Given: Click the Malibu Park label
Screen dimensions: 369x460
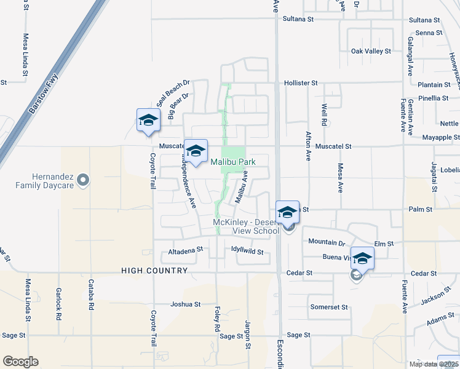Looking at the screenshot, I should pyautogui.click(x=232, y=162).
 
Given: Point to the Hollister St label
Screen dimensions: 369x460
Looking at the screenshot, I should pyautogui.click(x=300, y=82).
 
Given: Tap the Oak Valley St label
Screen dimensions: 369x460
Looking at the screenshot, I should pyautogui.click(x=370, y=51).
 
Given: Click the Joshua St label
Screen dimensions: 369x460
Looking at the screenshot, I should pyautogui.click(x=186, y=304).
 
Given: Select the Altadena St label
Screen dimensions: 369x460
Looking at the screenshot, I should pyautogui.click(x=186, y=251).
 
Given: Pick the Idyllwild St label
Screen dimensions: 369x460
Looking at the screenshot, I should pyautogui.click(x=247, y=252).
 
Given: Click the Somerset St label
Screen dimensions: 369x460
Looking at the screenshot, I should pyautogui.click(x=329, y=307).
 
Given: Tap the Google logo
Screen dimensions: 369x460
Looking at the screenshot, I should pyautogui.click(x=20, y=362).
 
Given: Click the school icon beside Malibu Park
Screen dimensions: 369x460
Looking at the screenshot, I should pyautogui.click(x=196, y=151).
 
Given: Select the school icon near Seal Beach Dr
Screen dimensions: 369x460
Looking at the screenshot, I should pyautogui.click(x=148, y=120).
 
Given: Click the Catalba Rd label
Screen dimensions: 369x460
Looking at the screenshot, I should pyautogui.click(x=90, y=295).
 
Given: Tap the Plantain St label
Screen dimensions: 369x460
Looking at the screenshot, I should pyautogui.click(x=434, y=85).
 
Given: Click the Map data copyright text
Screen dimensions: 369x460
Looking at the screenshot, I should pyautogui.click(x=433, y=364).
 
